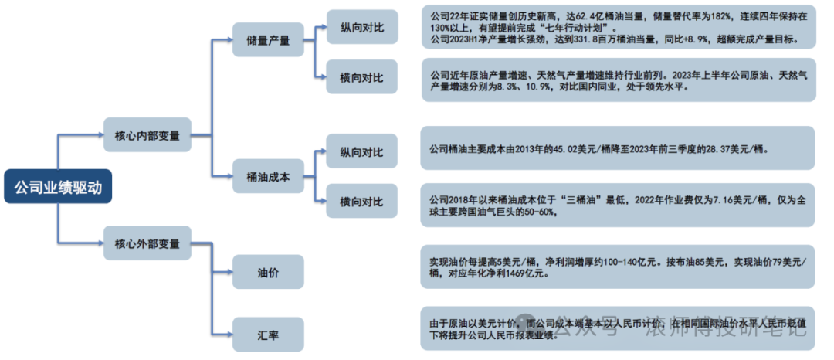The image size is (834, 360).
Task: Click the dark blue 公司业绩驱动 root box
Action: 58,186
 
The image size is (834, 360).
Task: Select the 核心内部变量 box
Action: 147,135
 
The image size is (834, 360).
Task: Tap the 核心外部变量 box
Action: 147,243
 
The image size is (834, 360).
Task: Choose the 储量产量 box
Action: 268,40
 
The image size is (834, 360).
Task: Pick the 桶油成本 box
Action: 268,177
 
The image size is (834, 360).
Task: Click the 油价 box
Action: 268,272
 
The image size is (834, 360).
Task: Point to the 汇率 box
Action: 268,334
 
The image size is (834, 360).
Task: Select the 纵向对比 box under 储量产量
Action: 361,26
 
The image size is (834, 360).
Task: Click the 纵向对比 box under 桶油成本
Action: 361,152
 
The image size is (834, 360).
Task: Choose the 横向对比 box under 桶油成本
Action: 361,202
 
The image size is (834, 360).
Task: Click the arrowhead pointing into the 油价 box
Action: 229,272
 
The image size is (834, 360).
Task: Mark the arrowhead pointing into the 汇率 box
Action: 229,334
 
